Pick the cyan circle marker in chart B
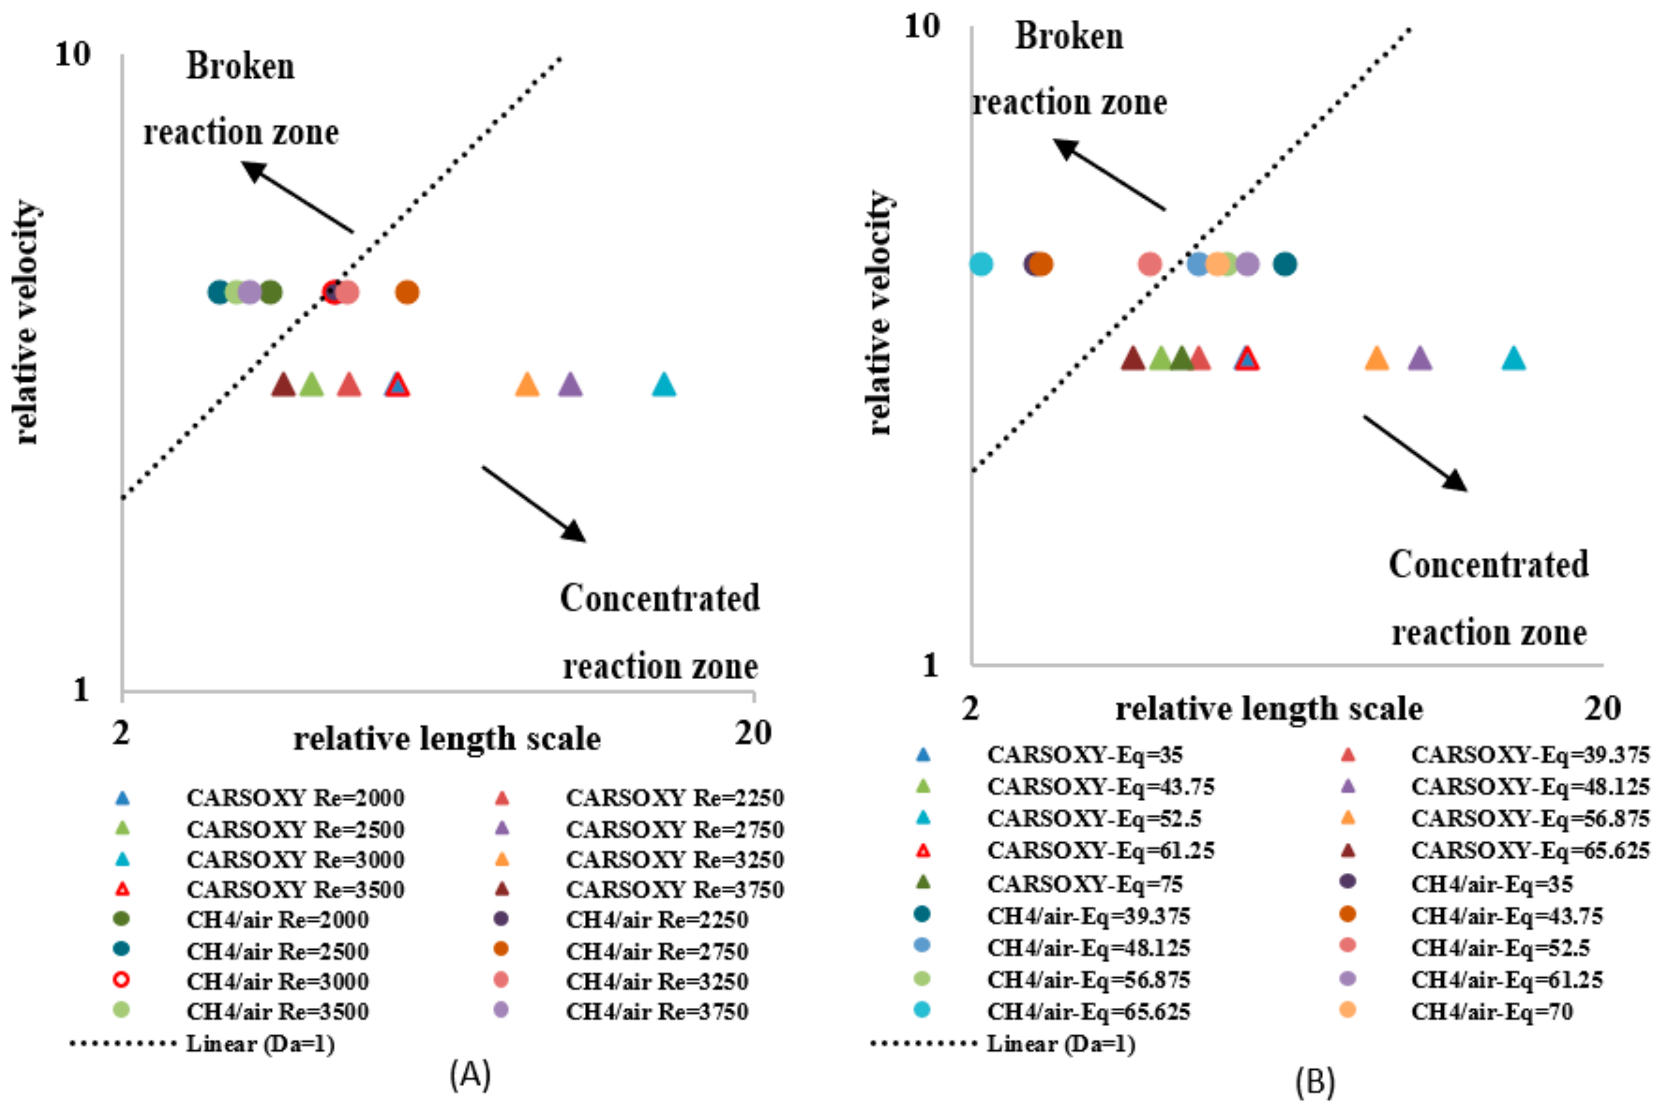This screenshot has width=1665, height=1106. pos(981,264)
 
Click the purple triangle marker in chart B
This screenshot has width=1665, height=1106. pos(1419,359)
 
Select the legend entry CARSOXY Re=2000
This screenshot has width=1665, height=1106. pos(295,798)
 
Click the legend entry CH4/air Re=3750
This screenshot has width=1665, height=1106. pos(656,1011)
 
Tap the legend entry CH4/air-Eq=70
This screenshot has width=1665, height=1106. pos(1492,1011)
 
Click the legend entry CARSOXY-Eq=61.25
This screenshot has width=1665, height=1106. pos(1100,851)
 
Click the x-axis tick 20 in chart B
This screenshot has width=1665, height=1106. pos(1602,707)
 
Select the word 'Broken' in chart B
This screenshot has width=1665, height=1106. pos(1069,37)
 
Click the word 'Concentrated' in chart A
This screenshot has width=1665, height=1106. pos(660,598)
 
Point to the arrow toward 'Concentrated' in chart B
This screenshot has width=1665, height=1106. pos(1415,453)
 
